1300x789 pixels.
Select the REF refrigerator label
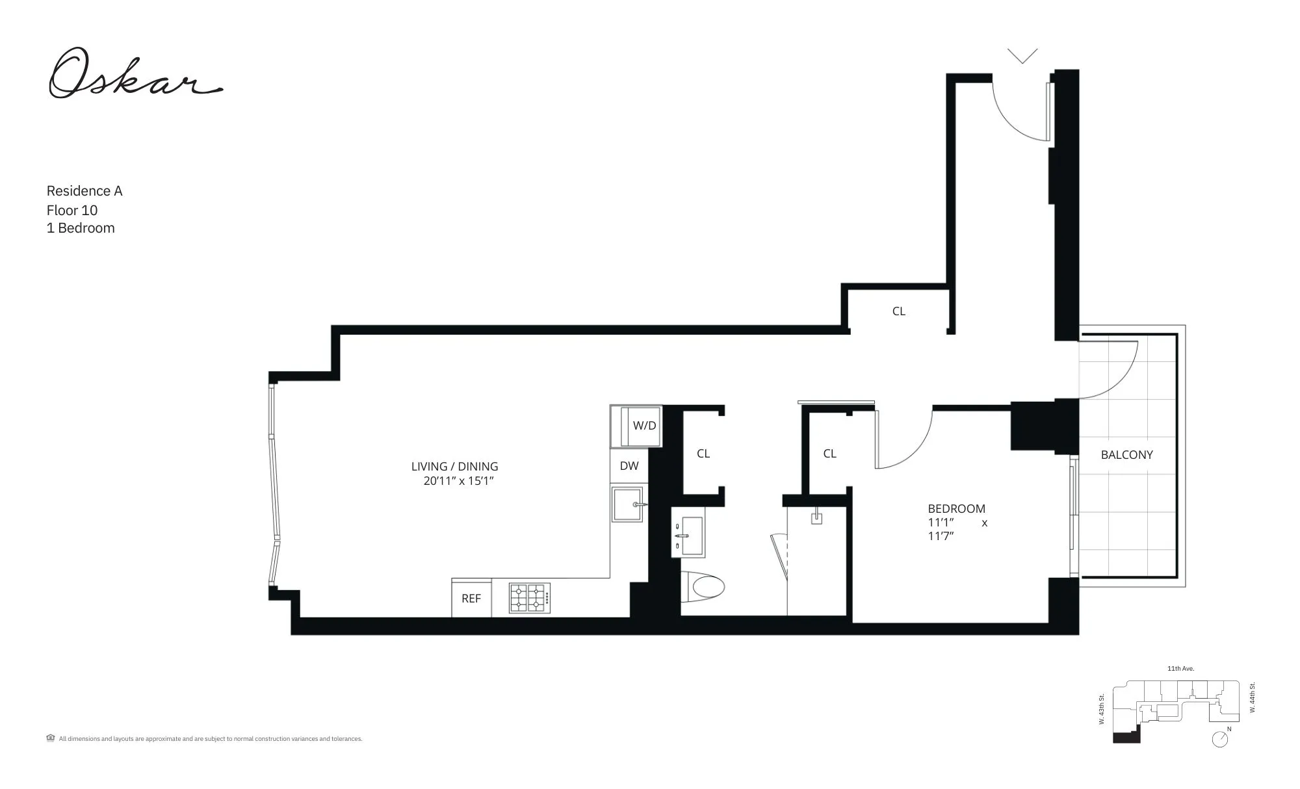tap(471, 599)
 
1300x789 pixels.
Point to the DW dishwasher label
tap(629, 466)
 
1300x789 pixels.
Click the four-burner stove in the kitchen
tap(529, 598)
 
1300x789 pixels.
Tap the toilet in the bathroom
tap(705, 587)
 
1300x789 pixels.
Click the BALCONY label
tap(1126, 455)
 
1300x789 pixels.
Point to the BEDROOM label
tap(956, 509)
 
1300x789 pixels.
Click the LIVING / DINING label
tap(454, 467)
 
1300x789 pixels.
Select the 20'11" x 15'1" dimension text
tap(459, 482)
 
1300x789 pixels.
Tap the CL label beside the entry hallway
tap(898, 311)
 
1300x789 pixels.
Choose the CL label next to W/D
tap(703, 454)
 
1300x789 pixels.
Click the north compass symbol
tap(1220, 739)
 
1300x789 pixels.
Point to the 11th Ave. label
tap(1180, 669)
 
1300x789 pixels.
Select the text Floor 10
tap(72, 211)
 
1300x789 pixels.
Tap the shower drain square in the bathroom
tap(816, 518)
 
